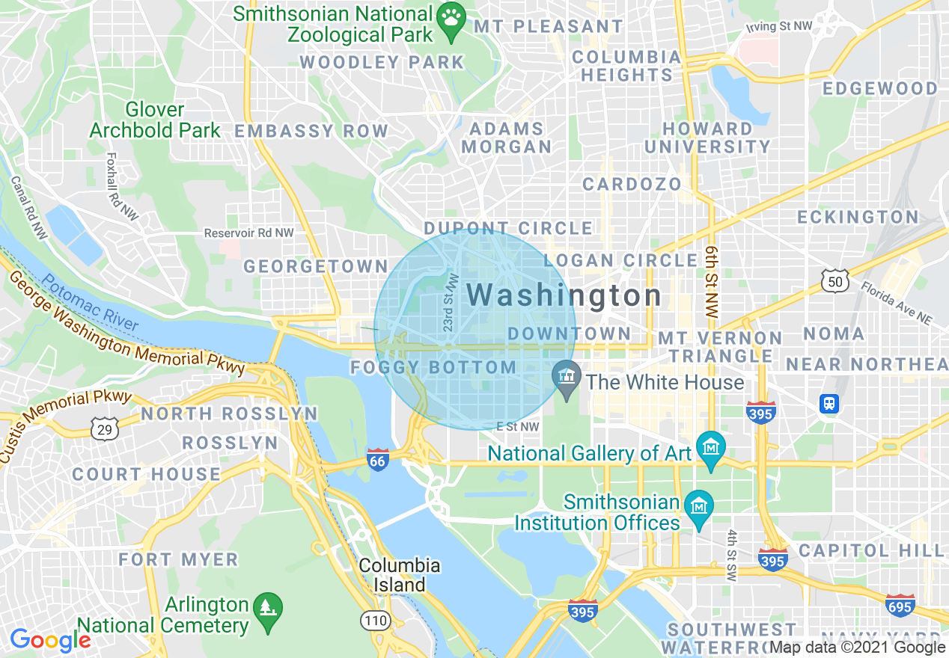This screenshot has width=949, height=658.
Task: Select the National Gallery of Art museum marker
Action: (710, 447)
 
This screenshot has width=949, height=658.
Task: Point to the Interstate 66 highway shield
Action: (378, 460)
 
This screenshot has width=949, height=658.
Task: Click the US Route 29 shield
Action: (104, 428)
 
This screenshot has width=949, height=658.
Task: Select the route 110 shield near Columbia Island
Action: (374, 620)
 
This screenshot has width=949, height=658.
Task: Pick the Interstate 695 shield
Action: (900, 605)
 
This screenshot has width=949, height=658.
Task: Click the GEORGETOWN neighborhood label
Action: (316, 266)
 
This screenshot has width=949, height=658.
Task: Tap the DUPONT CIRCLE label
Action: (508, 228)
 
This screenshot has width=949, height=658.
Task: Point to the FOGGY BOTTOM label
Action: (433, 368)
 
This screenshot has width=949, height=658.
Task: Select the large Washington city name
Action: (564, 295)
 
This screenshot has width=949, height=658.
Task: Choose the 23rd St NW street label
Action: (450, 302)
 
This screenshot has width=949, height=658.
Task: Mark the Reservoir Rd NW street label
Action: (249, 233)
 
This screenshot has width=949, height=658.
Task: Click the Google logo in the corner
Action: (50, 640)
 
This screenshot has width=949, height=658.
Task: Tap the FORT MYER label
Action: (178, 559)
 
